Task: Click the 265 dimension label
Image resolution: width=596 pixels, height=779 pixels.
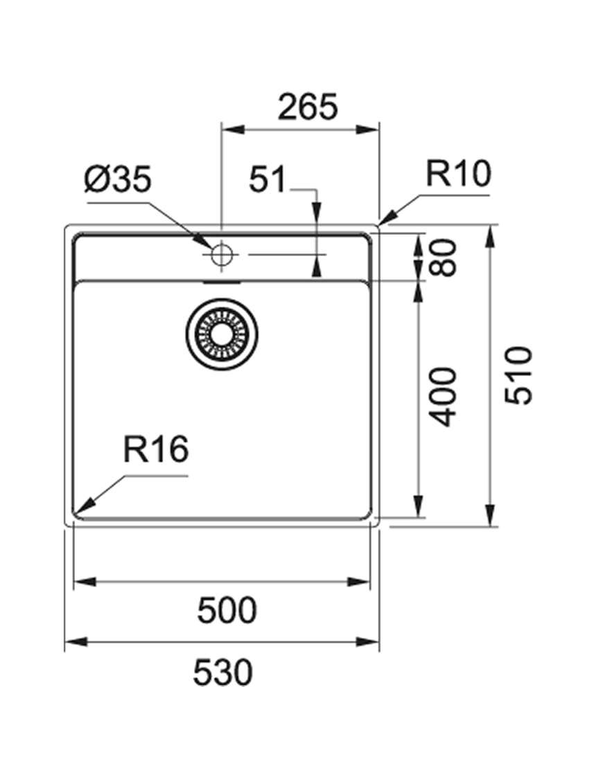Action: [x=308, y=107]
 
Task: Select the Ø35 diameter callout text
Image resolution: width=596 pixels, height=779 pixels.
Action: [x=118, y=179]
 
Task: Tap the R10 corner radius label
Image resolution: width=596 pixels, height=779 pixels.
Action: [x=458, y=174]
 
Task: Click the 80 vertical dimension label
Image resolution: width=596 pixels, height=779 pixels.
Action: [x=442, y=257]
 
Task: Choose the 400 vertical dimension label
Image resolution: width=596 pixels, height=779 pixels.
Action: [x=442, y=397]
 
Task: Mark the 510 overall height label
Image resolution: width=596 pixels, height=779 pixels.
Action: [x=518, y=375]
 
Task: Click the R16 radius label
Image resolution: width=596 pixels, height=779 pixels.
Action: [x=156, y=449]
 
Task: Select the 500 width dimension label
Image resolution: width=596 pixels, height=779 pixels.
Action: [x=227, y=610]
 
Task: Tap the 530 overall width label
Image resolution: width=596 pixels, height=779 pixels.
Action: [x=222, y=672]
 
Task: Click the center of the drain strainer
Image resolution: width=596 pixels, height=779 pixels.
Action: [x=222, y=334]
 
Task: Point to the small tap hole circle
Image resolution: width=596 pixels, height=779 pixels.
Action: [x=221, y=254]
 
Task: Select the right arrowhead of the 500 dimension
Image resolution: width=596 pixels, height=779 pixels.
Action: [x=360, y=581]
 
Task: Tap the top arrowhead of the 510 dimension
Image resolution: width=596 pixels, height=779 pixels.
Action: [x=491, y=237]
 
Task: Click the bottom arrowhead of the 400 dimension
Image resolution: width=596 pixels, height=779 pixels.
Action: [x=419, y=506]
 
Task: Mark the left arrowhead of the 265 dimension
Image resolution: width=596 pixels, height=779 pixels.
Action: [x=233, y=129]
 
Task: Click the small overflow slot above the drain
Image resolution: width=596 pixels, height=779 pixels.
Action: [x=222, y=283]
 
